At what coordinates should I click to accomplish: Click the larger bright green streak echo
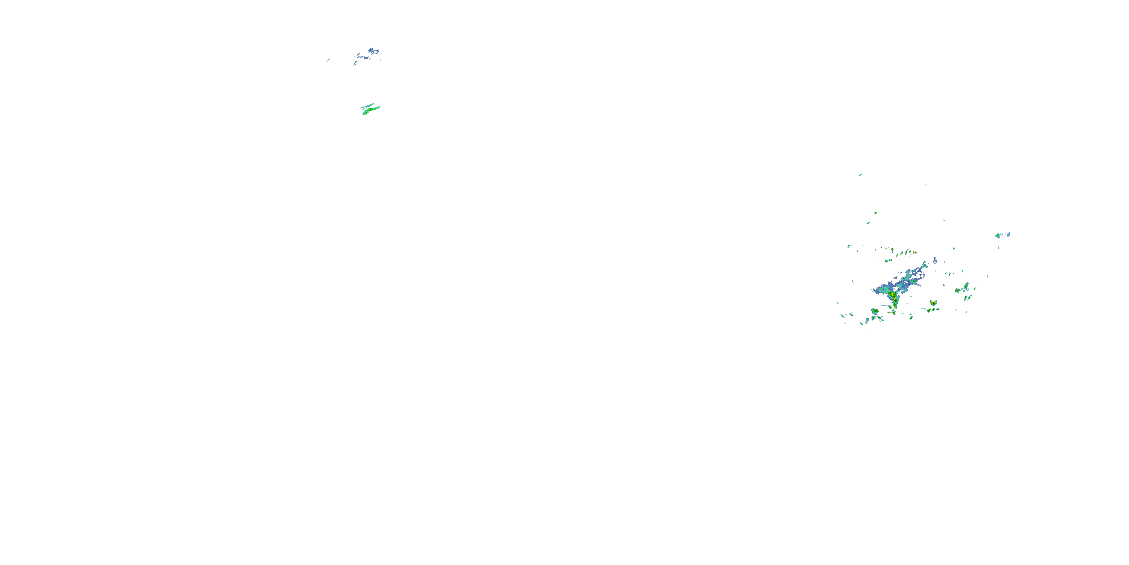click(371, 110)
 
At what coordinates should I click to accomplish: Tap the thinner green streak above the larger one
click(367, 106)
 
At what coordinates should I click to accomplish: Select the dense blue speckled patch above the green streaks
click(373, 51)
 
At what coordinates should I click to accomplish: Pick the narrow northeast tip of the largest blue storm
click(925, 264)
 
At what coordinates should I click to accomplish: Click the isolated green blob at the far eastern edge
click(998, 235)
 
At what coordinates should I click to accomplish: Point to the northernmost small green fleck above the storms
click(860, 175)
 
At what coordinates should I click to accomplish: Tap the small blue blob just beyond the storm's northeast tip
click(935, 260)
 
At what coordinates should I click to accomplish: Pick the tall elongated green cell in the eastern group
click(966, 286)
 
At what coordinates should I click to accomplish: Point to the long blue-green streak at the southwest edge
click(844, 315)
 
